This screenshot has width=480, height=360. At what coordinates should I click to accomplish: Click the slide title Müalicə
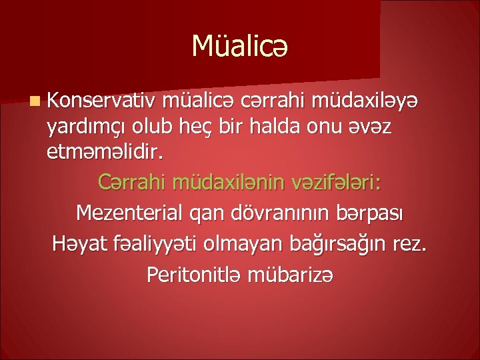[240, 46]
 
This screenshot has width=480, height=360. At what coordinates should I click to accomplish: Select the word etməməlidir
[103, 153]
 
